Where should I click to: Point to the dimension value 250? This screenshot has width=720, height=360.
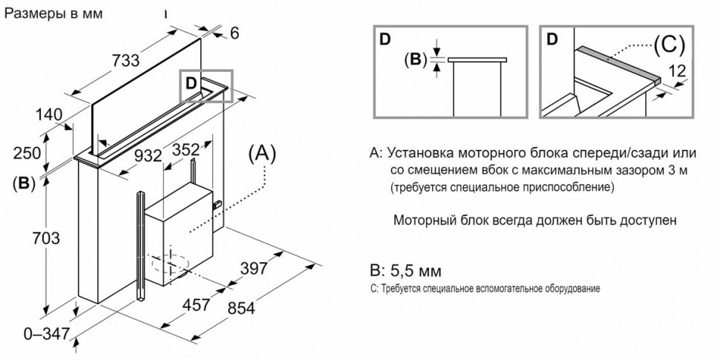coord(26,153)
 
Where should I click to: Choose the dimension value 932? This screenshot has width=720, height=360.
coord(148,157)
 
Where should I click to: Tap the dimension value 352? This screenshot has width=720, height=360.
coord(186,148)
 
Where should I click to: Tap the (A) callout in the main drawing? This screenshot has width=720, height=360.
coord(263,154)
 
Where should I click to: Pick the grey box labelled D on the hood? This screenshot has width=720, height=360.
coord(206,85)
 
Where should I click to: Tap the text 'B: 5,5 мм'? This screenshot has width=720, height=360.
coord(410,268)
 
